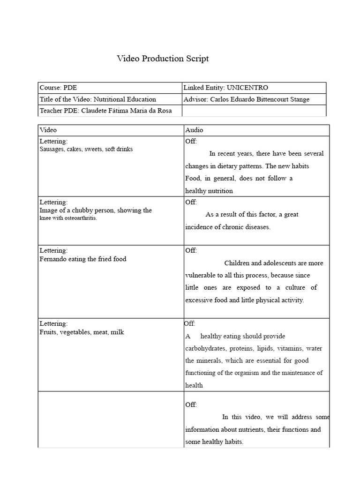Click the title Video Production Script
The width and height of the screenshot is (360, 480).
coord(163,59)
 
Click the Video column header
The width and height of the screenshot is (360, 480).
coord(48,130)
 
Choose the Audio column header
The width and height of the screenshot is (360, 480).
coord(194,130)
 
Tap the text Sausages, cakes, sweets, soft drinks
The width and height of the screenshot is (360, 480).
coord(86,149)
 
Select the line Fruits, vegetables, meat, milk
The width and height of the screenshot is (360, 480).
coord(82,332)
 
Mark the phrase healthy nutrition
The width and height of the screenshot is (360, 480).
coord(209,191)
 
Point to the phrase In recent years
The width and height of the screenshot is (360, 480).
coord(231,153)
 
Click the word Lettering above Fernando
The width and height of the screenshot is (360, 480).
coord(53,251)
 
